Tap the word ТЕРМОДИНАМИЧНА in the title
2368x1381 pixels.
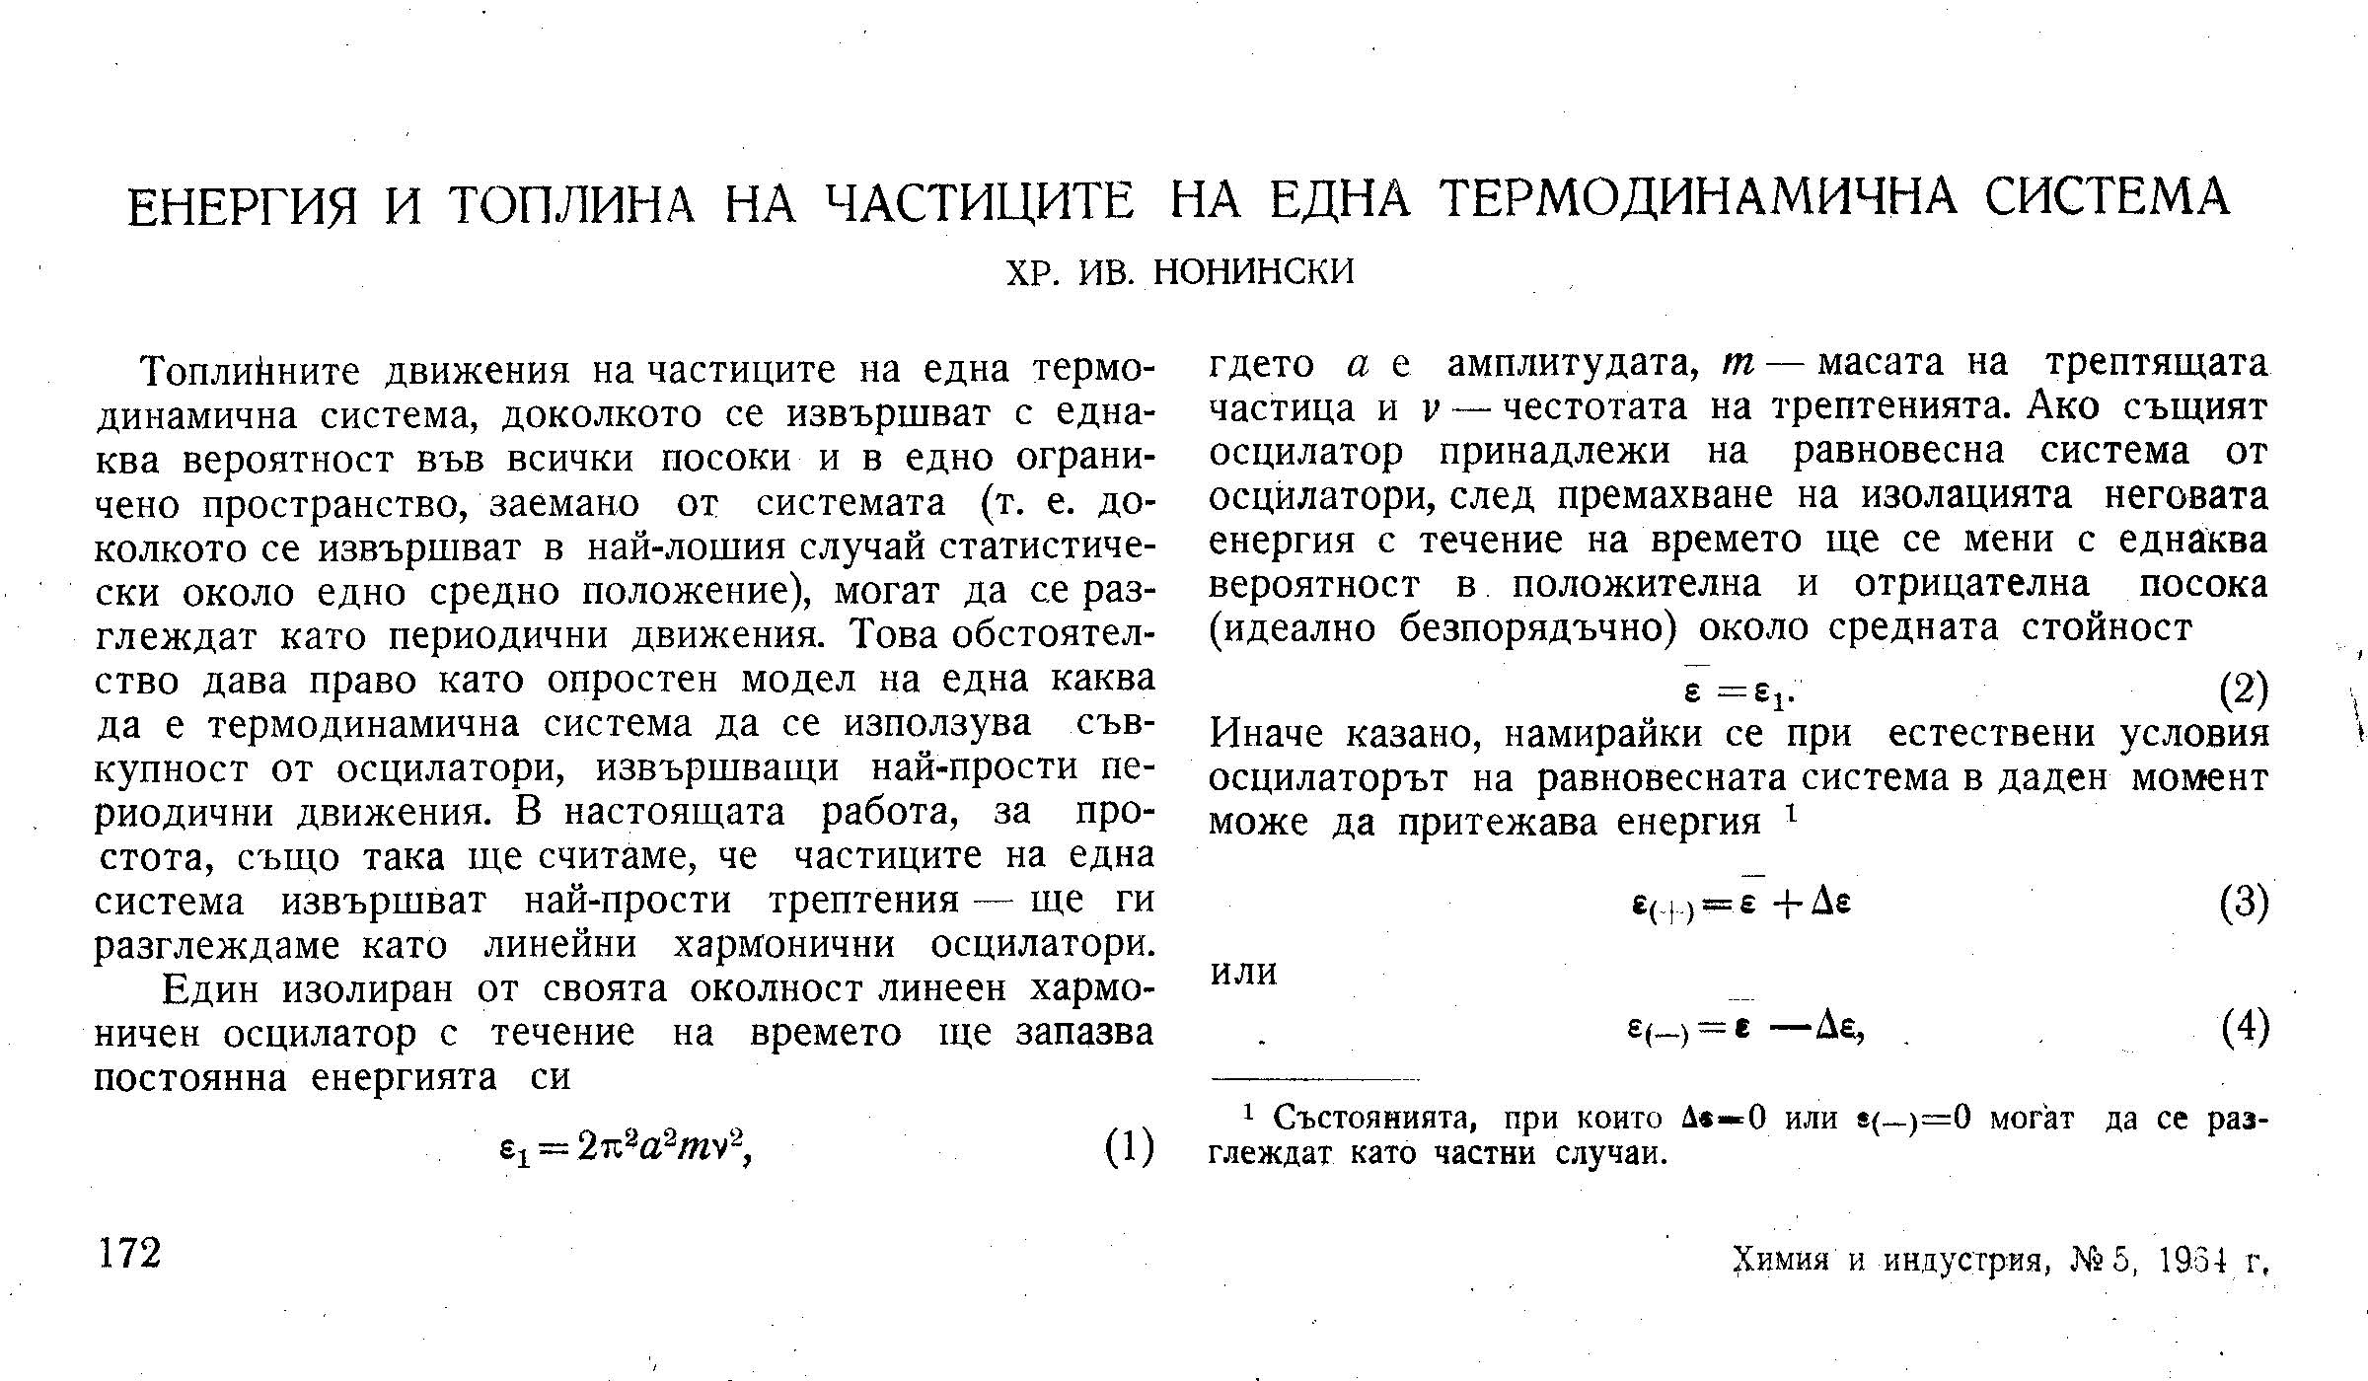(x=1697, y=200)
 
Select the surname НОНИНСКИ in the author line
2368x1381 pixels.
(x=1254, y=270)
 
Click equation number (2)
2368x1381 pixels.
(x=2243, y=690)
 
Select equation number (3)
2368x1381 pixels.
(x=2243, y=904)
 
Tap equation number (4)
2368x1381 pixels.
(x=2243, y=1029)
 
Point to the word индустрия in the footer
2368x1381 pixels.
(x=1962, y=1260)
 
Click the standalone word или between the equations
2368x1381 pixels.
(x=1243, y=973)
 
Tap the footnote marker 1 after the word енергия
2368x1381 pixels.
(x=1790, y=813)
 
